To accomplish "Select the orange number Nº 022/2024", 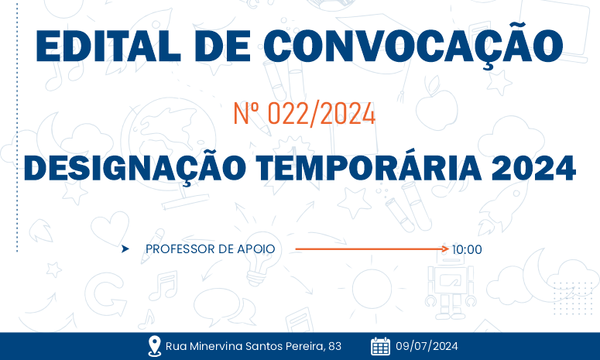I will pos(304,115).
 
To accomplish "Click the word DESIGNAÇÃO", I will pos(132,168).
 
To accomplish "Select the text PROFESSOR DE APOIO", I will pos(210,249).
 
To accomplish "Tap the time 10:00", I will pos(468,249).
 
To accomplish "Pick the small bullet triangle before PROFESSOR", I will pos(125,249).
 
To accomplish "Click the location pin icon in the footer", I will pos(154,345).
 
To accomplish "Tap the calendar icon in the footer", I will pos(380,345).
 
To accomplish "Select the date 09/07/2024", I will pos(427,346).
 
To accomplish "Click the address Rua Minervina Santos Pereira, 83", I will pos(253,346).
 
